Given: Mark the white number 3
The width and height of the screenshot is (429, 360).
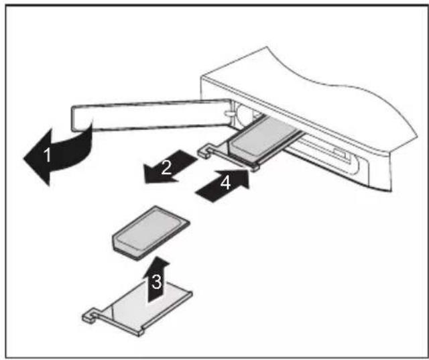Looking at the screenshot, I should coord(156,282).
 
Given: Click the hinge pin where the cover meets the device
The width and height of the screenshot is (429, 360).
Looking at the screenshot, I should coord(229,114).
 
